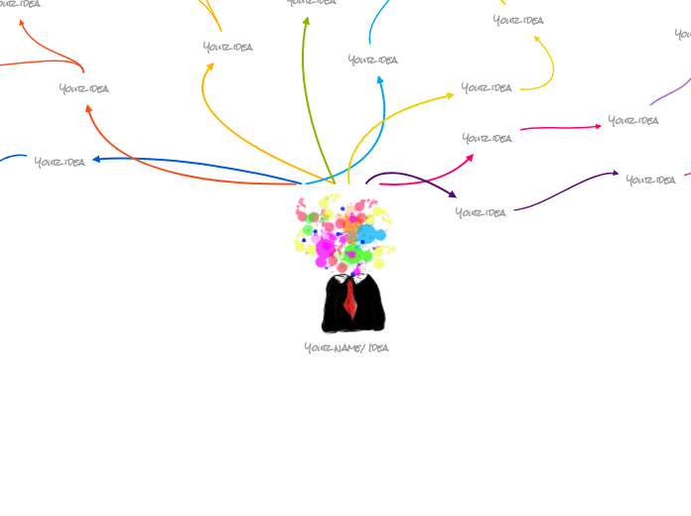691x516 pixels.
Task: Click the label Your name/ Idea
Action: click(x=346, y=347)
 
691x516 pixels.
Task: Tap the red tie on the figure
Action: click(x=350, y=299)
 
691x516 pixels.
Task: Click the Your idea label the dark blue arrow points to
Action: click(x=60, y=162)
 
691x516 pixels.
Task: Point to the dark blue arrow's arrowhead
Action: click(x=96, y=159)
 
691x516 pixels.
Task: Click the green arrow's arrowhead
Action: click(x=306, y=20)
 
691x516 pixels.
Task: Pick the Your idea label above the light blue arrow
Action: click(x=372, y=60)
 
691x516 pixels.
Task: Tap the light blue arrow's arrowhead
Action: click(x=379, y=79)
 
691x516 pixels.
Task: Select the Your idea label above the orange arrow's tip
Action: click(x=227, y=47)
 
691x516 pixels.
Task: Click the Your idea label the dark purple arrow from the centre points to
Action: click(x=481, y=211)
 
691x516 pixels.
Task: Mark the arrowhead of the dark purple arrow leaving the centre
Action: click(x=453, y=194)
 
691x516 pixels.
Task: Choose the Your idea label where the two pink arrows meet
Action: click(x=486, y=138)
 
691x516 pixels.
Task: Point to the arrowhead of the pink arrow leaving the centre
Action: click(x=470, y=156)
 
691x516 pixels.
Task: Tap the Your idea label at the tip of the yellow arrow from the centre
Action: click(x=486, y=87)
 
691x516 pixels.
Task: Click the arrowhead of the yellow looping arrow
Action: click(x=537, y=39)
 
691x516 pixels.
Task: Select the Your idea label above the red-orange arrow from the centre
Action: click(x=83, y=88)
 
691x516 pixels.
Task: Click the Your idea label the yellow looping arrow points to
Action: click(x=518, y=20)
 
